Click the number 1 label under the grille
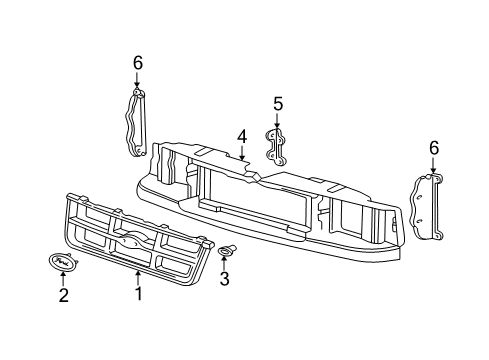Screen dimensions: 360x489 (x=138, y=295)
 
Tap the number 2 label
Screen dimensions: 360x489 (x=62, y=295)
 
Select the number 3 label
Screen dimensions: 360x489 (x=224, y=280)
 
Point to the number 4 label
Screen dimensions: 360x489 (x=241, y=136)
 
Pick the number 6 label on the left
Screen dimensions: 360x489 (x=138, y=63)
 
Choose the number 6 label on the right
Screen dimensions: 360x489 (x=434, y=147)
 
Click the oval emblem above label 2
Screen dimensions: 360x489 (x=62, y=262)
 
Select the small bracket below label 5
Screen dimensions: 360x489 (x=277, y=145)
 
